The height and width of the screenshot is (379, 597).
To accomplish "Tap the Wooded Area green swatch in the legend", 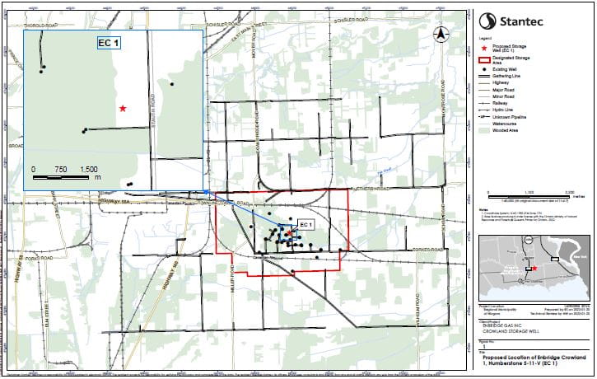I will [484, 130].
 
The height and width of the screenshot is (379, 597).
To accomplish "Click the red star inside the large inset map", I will [123, 109].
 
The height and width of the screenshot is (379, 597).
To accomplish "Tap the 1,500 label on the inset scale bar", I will [88, 168].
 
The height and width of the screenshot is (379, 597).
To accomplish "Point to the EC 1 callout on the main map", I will [305, 224].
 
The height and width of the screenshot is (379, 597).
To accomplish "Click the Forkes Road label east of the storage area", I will [428, 248].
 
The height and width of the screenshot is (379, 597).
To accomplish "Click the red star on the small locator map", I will [535, 269].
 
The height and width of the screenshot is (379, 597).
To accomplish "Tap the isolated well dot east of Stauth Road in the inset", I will [172, 84].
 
